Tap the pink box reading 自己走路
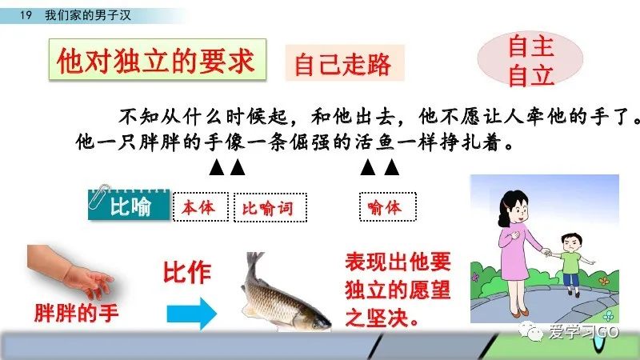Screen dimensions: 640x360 click(345, 63)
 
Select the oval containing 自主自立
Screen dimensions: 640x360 click(530, 59)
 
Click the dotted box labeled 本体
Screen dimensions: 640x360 click(201, 207)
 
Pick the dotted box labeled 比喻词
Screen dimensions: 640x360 click(270, 208)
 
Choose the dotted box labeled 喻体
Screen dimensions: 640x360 click(388, 207)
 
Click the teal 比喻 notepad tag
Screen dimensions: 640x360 click(129, 205)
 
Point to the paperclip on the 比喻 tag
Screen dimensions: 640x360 click(98, 196)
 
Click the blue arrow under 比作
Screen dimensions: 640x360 click(191, 314)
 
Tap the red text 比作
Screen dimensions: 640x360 click(187, 272)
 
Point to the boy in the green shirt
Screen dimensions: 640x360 click(571, 263)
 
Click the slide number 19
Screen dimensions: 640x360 click(26, 15)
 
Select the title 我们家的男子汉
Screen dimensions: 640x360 click(88, 15)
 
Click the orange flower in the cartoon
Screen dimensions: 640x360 click(604, 281)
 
